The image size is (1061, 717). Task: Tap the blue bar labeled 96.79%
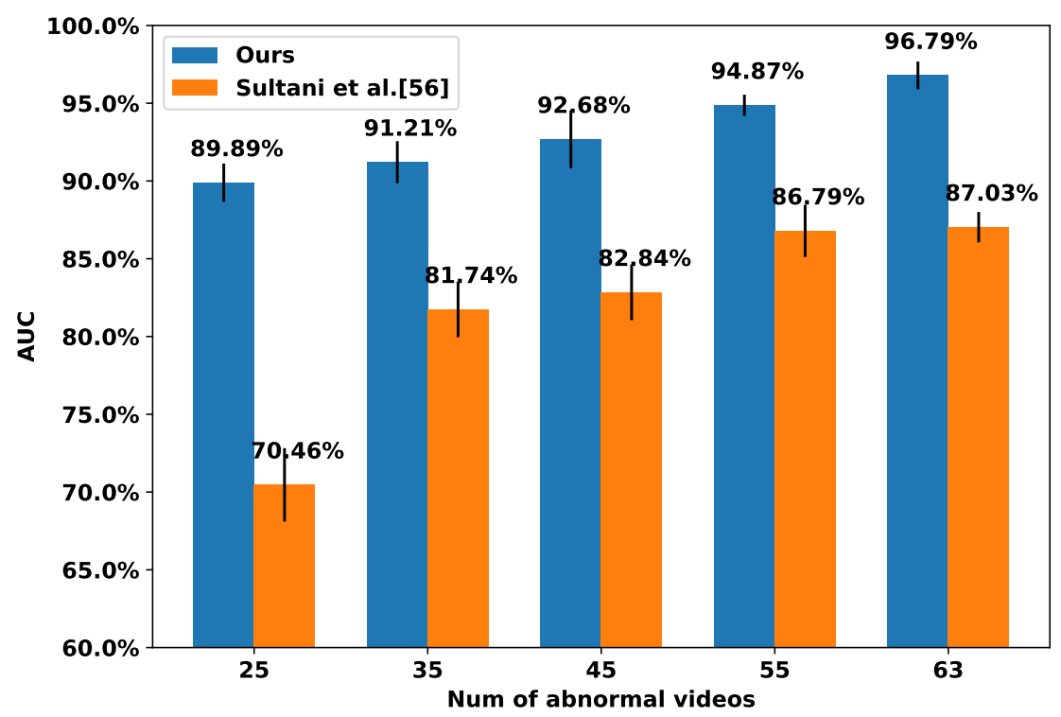click(917, 360)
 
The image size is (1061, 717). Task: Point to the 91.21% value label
click(410, 129)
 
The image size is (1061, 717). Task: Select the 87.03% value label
click(991, 194)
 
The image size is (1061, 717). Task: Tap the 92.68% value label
click(583, 106)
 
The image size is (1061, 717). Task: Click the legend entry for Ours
click(265, 55)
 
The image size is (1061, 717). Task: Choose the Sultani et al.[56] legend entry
click(341, 88)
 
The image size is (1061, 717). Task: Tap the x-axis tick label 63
click(948, 672)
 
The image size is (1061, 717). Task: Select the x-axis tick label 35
click(427, 672)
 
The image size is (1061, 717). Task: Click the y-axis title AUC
click(26, 337)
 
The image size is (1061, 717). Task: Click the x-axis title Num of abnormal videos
click(600, 700)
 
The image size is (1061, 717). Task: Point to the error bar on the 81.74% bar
click(458, 309)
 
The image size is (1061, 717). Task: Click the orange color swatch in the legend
click(195, 88)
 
